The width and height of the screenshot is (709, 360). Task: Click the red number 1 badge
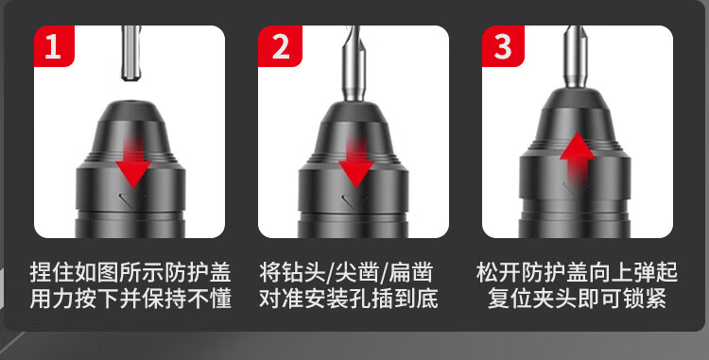54,46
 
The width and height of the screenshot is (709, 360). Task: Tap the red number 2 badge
280,46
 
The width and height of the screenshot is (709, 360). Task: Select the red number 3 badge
503,46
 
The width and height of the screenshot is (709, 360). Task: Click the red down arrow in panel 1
133,163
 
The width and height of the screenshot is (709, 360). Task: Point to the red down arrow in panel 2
355,163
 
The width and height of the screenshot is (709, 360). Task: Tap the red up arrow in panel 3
578,158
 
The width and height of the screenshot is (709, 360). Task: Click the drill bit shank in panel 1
131,53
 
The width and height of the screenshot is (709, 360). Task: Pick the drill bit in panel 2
354,63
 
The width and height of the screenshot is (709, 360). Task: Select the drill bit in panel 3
576,57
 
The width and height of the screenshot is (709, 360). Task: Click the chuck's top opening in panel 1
130,102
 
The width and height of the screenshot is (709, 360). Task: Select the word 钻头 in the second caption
303,272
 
